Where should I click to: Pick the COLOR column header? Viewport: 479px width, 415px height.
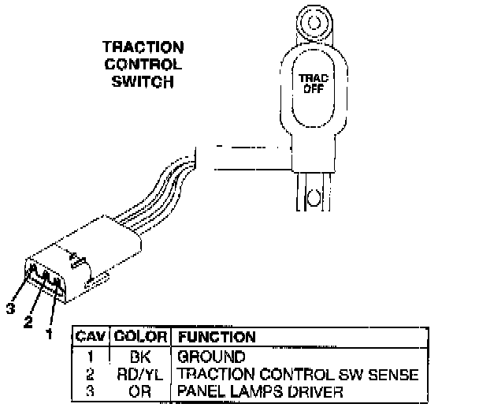coord(139,337)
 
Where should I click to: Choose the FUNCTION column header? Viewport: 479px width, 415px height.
coord(217,337)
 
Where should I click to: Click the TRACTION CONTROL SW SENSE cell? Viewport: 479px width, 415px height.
coord(297,373)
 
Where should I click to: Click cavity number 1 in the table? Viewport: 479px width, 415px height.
coord(91,357)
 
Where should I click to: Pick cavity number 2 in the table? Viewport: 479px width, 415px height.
coord(91,373)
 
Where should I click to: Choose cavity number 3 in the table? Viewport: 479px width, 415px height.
coord(91,390)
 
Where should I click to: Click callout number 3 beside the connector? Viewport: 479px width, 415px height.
coord(10,309)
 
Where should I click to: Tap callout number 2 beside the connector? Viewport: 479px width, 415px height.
coord(28,323)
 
